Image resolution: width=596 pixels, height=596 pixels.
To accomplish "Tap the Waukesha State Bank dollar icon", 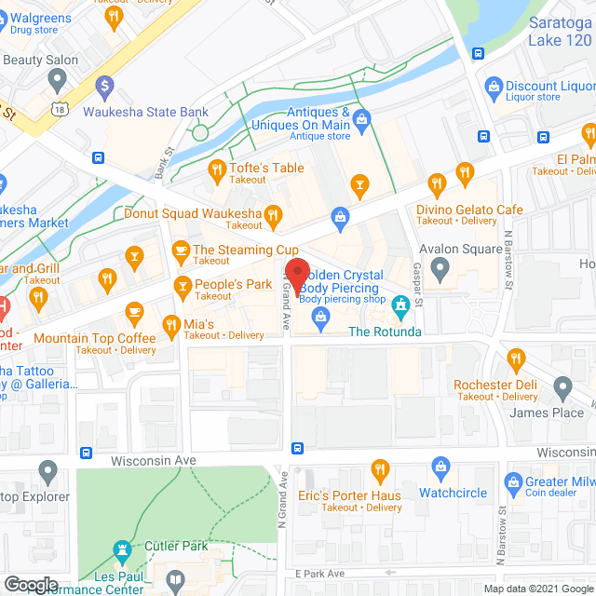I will click(x=104, y=86).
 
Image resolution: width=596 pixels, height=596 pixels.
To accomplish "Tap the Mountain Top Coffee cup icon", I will click(x=135, y=311).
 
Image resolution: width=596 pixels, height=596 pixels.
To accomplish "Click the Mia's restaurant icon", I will click(x=171, y=325).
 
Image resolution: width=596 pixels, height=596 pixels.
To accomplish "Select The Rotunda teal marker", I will click(x=400, y=305).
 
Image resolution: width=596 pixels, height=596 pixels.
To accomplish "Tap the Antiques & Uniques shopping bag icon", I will click(x=363, y=118).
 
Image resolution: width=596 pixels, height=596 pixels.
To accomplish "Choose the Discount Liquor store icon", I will click(x=494, y=87).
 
